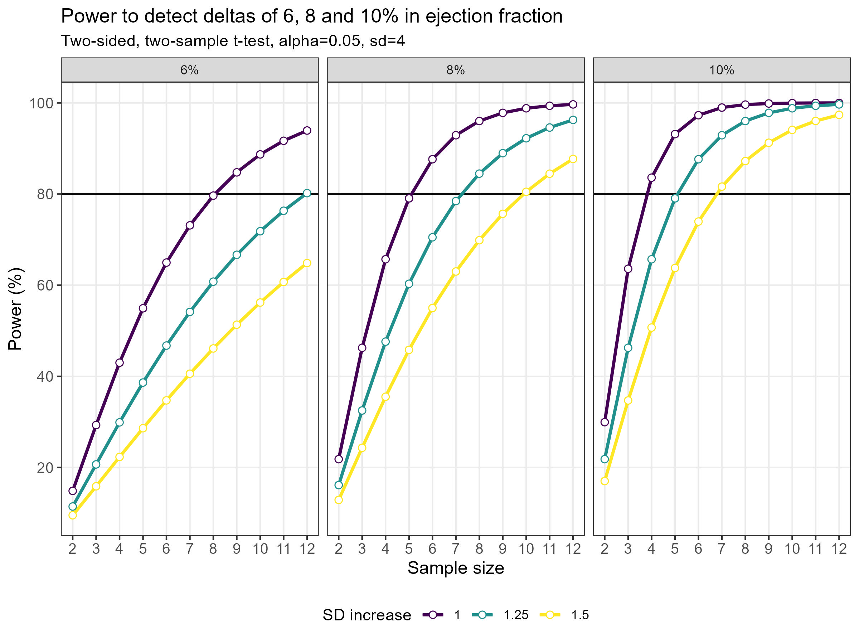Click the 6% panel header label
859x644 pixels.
click(189, 70)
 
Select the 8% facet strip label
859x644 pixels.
click(456, 70)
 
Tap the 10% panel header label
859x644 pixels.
click(722, 70)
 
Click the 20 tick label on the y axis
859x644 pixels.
click(45, 468)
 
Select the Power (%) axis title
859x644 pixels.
click(15, 309)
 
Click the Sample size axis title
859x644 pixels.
click(456, 568)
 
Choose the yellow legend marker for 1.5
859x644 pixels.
click(550, 615)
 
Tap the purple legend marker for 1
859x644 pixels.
click(433, 615)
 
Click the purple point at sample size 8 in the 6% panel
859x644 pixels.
click(213, 196)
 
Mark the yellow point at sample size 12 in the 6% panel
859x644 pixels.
click(307, 263)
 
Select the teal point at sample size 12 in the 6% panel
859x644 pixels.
click(307, 193)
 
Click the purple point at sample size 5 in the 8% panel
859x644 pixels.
click(408, 198)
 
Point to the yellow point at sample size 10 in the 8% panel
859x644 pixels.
click(526, 192)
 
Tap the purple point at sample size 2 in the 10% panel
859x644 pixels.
click(605, 422)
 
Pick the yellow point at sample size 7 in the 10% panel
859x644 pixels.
click(722, 187)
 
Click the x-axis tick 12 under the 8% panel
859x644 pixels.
click(573, 549)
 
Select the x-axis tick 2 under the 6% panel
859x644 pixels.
click(73, 549)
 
